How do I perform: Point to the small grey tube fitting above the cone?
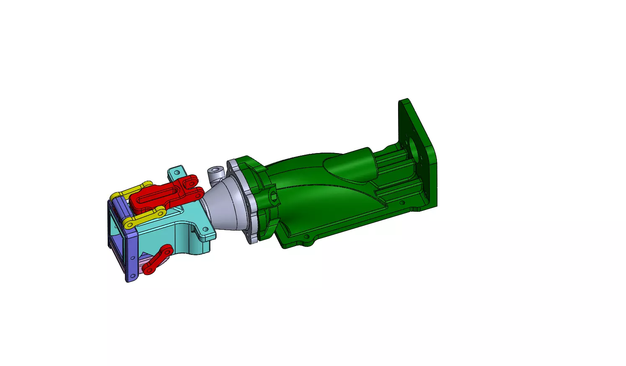[x=215, y=173]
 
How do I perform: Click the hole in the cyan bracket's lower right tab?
[x=205, y=229]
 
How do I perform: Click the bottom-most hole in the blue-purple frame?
[x=133, y=276]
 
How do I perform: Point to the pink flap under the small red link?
[x=147, y=262]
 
